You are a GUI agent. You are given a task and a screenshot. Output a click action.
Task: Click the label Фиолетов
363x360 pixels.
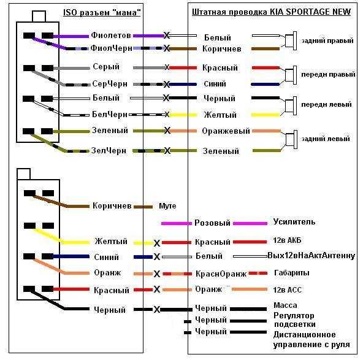pos(111,35)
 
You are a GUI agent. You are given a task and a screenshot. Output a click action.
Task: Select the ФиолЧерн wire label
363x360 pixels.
pos(112,48)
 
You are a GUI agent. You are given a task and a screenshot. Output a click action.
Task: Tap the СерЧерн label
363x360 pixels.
pos(110,83)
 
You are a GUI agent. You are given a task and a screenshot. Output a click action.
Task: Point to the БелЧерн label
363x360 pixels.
pos(110,114)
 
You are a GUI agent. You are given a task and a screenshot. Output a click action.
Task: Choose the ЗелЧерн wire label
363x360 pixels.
pos(109,150)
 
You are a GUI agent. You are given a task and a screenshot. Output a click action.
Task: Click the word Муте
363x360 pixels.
pos(167,206)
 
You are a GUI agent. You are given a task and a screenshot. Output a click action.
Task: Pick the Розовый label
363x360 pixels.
pos(212,223)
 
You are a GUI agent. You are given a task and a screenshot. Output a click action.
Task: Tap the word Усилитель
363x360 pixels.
pos(294,222)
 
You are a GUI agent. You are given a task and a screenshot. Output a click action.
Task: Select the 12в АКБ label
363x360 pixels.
pos(287,240)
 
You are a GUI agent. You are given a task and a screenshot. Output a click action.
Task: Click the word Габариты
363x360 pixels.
pos(292,273)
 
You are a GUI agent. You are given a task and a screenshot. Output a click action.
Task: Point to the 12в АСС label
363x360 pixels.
pos(288,289)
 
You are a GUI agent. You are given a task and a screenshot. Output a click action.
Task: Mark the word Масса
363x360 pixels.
pos(285,305)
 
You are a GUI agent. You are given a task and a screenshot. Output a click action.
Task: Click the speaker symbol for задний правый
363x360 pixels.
pos(291,40)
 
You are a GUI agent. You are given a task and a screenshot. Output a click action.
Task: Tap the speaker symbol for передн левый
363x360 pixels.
pos(291,106)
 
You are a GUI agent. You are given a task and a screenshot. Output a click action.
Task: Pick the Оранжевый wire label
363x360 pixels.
pos(226,131)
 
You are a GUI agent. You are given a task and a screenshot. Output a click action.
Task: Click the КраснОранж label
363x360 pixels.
pos(221,274)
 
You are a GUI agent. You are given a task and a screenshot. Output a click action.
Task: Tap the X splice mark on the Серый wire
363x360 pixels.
pos(167,67)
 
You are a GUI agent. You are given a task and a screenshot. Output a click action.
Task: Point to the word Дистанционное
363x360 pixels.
pos(304,334)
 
